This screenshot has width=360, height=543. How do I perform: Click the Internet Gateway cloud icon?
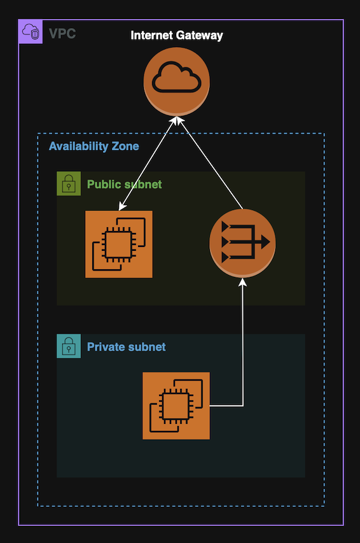point(177,81)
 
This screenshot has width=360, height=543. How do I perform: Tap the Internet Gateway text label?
point(177,36)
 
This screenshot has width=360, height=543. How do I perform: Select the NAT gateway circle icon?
point(242,243)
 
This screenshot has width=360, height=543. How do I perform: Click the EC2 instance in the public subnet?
point(119,244)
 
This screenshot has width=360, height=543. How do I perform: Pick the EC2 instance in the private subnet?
point(176,405)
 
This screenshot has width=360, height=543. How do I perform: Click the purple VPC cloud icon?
point(31,31)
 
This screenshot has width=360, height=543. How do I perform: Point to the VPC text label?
point(62,34)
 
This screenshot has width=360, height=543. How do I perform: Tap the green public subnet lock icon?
point(69,184)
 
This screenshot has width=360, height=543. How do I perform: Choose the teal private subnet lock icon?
point(69,346)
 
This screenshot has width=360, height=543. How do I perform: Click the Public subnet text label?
point(124,185)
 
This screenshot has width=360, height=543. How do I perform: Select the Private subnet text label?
point(126,347)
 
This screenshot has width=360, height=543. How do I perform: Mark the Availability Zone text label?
point(93,146)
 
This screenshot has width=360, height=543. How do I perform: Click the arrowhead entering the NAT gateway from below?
point(243,283)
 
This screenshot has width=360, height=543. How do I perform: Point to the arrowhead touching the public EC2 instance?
point(121,206)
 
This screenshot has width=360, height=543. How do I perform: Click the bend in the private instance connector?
point(243,405)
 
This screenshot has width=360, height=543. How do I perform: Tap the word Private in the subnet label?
point(106,347)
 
